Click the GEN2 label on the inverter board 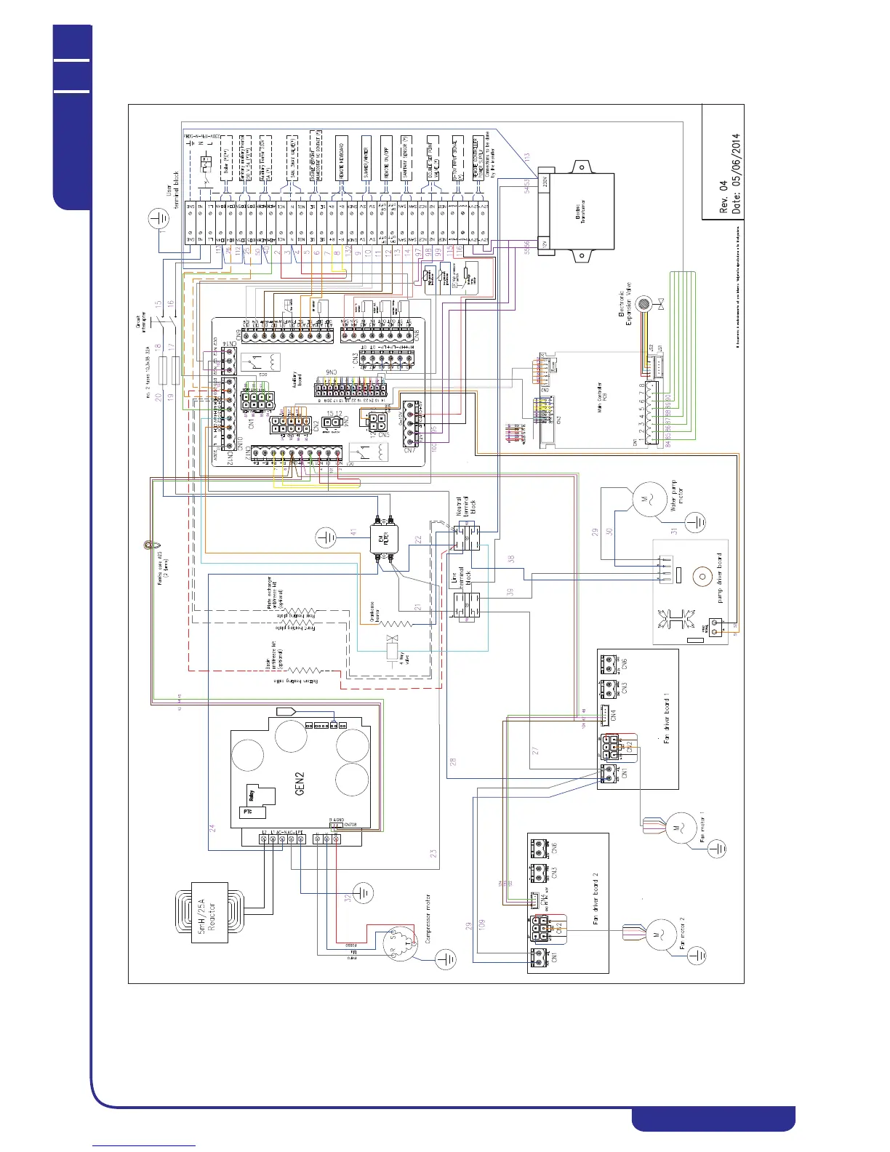[300, 783]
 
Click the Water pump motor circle [643, 500]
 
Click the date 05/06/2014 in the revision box [736, 171]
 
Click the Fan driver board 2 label [595, 898]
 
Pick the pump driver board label [720, 578]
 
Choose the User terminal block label [173, 187]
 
